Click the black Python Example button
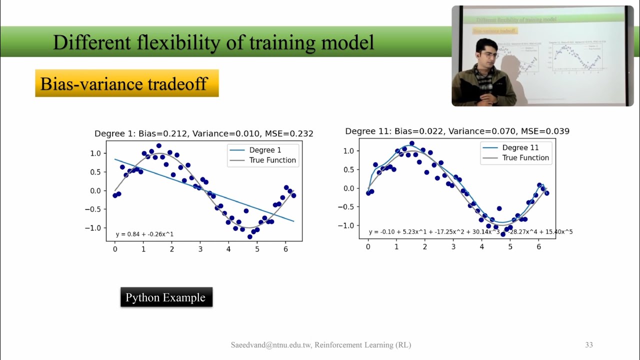(x=166, y=297)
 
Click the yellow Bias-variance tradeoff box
(x=126, y=83)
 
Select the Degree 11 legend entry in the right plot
(x=520, y=147)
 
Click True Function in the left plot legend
(x=272, y=160)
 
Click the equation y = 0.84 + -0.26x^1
(x=144, y=234)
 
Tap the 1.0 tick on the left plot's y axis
(x=95, y=153)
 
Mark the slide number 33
(x=588, y=345)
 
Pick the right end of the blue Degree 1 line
(x=293, y=220)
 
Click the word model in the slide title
(x=348, y=42)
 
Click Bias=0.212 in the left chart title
(x=164, y=133)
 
